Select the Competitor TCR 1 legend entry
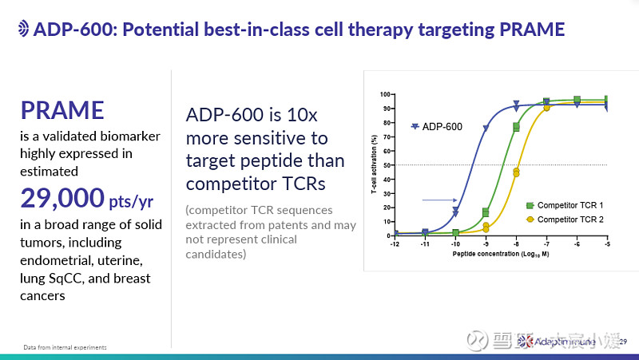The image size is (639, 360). point(570,206)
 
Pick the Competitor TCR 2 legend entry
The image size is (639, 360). point(570,219)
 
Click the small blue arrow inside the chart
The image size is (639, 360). point(439,200)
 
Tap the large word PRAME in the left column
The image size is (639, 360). point(62,110)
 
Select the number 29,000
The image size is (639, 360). point(62,196)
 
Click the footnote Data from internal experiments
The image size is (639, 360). point(65,348)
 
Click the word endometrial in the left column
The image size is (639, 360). point(60,260)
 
